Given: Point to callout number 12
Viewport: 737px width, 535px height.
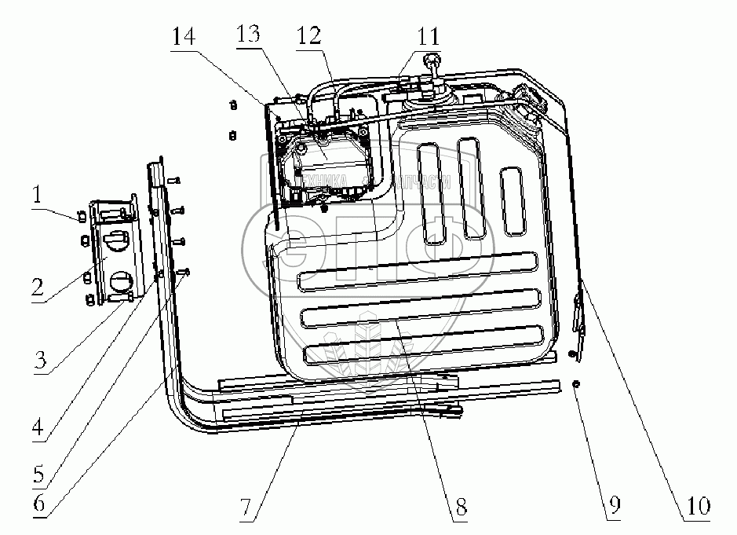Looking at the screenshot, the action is [x=308, y=36].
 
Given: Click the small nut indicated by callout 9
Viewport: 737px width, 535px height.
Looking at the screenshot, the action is [x=577, y=383].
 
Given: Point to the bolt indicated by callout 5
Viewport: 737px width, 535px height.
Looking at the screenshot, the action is [x=185, y=272].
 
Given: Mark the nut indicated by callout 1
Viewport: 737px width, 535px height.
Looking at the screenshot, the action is [x=82, y=218].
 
